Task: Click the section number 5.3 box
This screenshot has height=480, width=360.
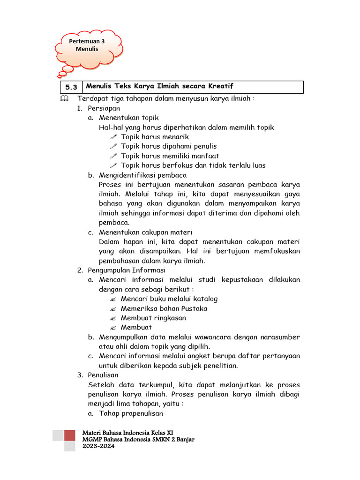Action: [x=71, y=87]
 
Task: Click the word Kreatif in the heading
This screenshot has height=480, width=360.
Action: [x=219, y=86]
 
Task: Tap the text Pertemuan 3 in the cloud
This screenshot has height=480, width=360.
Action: [x=87, y=41]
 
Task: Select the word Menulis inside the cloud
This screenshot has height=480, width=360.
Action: [x=87, y=49]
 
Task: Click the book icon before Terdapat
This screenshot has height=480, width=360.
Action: [x=64, y=99]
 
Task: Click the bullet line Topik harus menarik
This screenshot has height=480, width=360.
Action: [x=154, y=137]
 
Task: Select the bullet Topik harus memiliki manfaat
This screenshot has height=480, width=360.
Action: [x=170, y=156]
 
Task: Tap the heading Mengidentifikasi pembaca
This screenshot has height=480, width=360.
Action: [x=142, y=175]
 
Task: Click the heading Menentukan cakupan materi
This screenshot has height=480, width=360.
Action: [x=145, y=232]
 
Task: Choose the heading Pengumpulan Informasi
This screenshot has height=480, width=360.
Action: [x=127, y=270]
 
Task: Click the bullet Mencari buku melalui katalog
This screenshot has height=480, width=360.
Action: [x=169, y=299]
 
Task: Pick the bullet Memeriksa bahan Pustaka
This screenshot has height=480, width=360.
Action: [x=164, y=308]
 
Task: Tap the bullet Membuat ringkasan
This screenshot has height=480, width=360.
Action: [x=153, y=318]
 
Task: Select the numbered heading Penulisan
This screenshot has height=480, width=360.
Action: [x=103, y=375]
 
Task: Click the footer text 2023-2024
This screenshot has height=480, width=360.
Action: [x=98, y=446]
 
